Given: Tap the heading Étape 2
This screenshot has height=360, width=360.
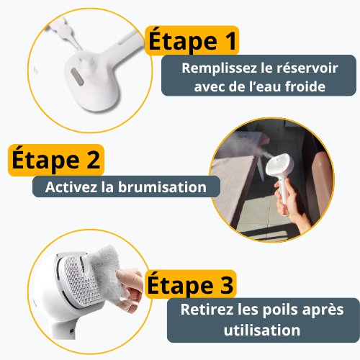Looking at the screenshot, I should point(55,160).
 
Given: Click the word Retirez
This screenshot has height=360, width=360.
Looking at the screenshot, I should point(213,311).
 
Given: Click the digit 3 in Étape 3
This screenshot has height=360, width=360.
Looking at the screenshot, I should point(228,285).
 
